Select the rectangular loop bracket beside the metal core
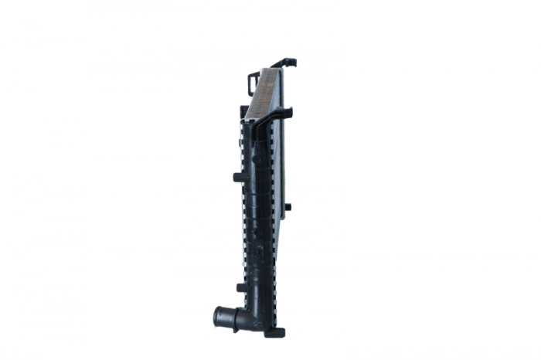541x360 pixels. pyautogui.click(x=252, y=81)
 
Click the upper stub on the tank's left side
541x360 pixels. pyautogui.click(x=238, y=177)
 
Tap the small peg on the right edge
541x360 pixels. pyautogui.click(x=288, y=206)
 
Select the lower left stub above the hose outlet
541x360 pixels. pyautogui.click(x=240, y=287)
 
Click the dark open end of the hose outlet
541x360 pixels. pyautogui.click(x=218, y=316)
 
